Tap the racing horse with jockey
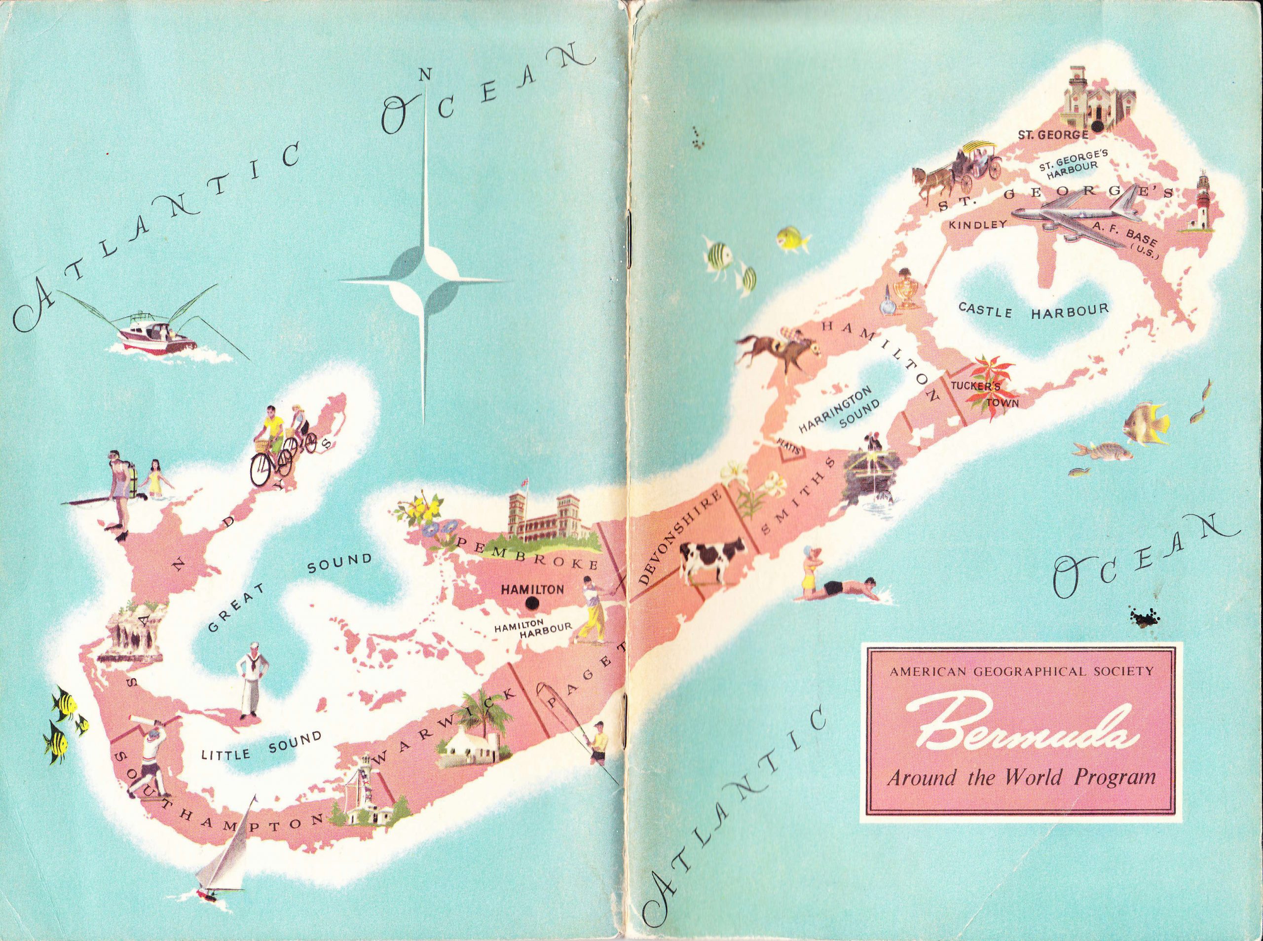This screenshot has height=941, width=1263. click(x=777, y=348)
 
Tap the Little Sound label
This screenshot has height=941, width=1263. click(x=261, y=746)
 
